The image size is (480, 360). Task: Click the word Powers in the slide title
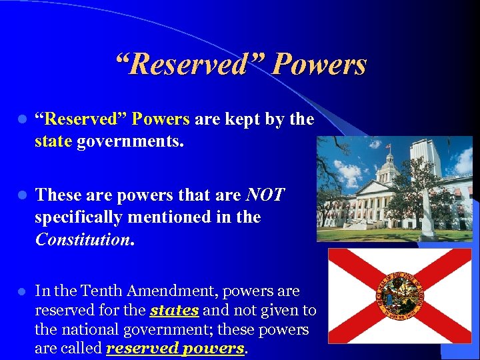[x=320, y=65]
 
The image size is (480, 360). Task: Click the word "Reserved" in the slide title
[x=189, y=65]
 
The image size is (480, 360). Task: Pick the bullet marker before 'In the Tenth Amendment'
[x=22, y=291]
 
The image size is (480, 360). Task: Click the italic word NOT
[x=265, y=195]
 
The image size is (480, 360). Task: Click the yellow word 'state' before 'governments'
[x=53, y=141]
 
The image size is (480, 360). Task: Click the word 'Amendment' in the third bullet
[x=177, y=291]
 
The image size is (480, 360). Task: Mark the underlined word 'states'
[x=175, y=311]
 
